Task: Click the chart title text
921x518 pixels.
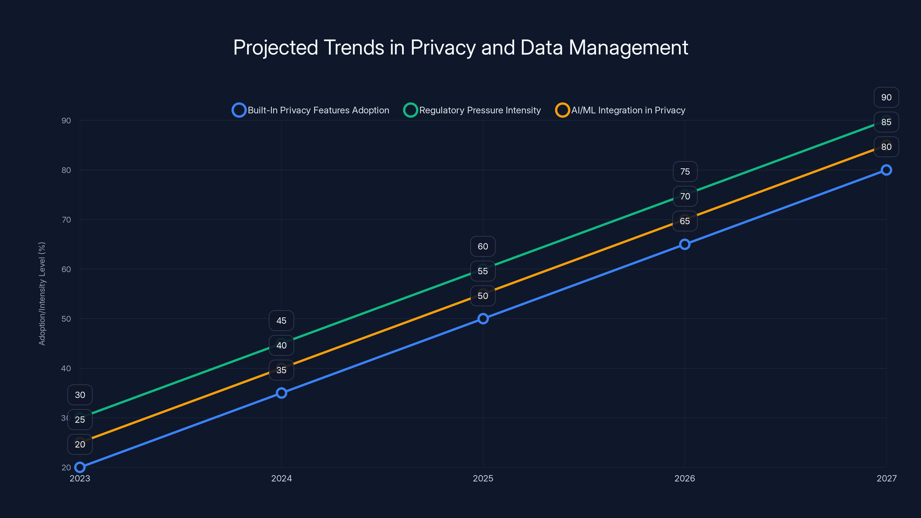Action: pos(461,47)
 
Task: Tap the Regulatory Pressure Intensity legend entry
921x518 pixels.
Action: pos(472,110)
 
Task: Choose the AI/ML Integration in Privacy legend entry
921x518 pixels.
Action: pos(620,110)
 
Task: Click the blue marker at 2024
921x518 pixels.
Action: pos(281,393)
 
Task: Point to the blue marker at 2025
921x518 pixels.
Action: pos(483,319)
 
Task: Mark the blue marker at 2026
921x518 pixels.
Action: pos(685,244)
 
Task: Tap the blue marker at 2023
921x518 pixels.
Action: pos(80,467)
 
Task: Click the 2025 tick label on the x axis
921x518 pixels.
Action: pos(483,478)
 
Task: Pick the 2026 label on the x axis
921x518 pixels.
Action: pos(685,478)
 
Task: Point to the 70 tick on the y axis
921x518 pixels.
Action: pos(66,220)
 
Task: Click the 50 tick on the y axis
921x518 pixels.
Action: pos(66,319)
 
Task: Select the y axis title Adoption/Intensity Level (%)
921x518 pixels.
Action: pos(42,294)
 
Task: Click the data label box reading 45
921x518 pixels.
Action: pos(281,321)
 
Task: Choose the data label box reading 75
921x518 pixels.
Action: pos(685,172)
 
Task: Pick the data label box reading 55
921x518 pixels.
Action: pos(483,271)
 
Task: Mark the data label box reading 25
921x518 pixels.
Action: pos(80,420)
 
